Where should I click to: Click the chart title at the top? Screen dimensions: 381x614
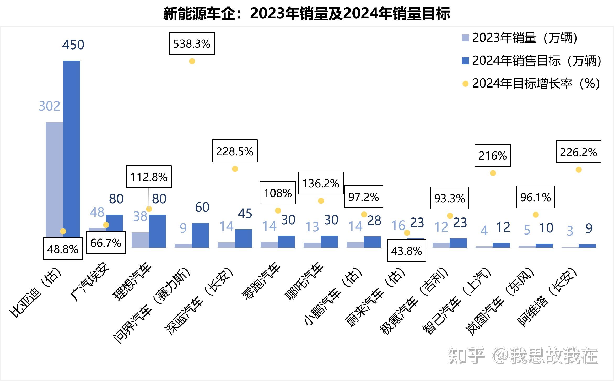tap(307, 14)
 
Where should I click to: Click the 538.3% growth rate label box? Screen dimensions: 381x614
tap(192, 43)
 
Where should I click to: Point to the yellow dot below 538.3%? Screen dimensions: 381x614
tap(192, 61)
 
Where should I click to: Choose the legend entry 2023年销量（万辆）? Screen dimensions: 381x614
tap(520, 38)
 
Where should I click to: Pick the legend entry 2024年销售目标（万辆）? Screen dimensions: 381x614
tap(532, 61)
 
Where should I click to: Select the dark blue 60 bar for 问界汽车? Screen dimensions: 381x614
tap(200, 235)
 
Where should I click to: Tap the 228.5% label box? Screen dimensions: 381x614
tap(235, 151)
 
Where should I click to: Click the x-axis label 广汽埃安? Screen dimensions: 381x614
tap(90, 282)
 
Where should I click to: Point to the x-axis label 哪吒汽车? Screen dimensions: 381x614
tap(304, 282)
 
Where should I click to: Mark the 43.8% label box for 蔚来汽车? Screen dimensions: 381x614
tap(406, 251)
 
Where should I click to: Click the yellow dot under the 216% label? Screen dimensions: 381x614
tap(493, 173)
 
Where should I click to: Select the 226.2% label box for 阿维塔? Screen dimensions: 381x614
tap(578, 152)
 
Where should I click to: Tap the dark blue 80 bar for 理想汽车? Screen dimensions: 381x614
tap(157, 231)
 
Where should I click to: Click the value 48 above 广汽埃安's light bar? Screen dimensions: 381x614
tap(97, 212)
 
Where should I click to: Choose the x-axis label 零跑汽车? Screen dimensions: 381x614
tap(261, 282)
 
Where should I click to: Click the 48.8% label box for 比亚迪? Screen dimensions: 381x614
tap(63, 249)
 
